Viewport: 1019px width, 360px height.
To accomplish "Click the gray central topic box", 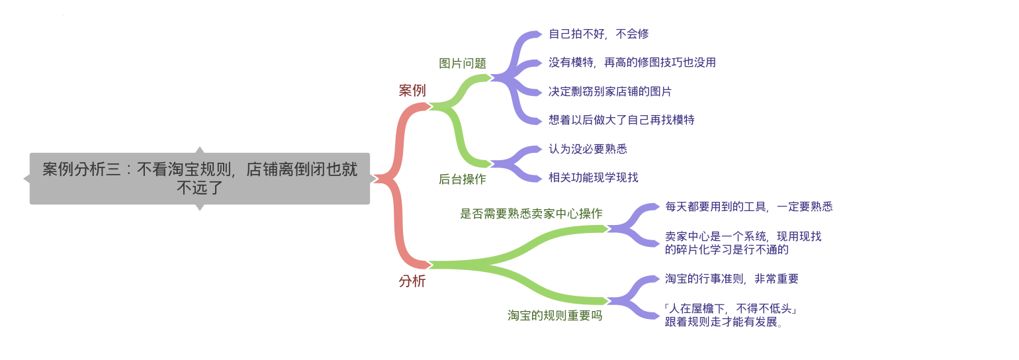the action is pos(200,179).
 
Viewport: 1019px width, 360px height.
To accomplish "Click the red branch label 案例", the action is pos(412,91).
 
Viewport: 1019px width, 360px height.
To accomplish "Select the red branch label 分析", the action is pos(412,281).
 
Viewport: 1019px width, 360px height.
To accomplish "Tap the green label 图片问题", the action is pos(462,64).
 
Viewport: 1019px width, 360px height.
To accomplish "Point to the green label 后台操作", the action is pos(462,179).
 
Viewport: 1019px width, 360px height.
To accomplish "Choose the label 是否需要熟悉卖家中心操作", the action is pos(531,214).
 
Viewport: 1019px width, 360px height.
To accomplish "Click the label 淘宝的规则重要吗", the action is pos(555,316).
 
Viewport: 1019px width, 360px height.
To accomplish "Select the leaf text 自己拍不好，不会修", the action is pos(599,34).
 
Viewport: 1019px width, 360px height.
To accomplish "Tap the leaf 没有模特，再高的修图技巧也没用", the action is pos(633,62).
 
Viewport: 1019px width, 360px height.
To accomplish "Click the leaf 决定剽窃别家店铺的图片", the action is pos(610,91).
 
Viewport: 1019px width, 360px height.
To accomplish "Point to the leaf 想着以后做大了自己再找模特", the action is pos(621,120).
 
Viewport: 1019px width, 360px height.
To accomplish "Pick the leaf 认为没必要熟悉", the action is pos(588,149).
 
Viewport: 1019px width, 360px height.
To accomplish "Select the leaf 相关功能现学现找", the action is pos(593,177).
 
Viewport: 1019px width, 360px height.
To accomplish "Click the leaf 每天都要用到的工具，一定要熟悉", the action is pos(749,206).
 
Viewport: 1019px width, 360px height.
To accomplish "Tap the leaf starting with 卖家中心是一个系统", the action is pos(743,243).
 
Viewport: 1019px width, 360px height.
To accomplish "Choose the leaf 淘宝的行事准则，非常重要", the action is pos(732,279).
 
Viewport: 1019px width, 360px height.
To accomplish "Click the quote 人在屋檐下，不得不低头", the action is pos(731,308).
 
